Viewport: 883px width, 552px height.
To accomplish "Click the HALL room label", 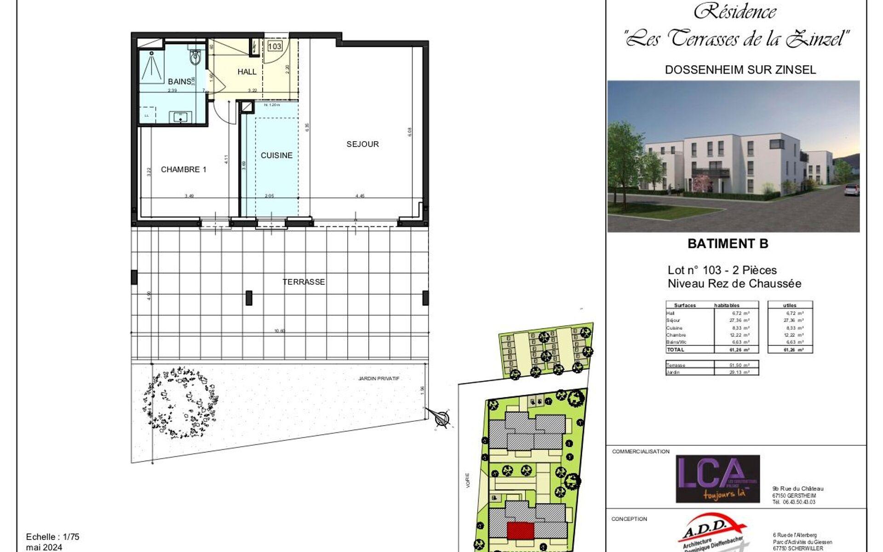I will point(247,72).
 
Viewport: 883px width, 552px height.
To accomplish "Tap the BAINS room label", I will point(179,81).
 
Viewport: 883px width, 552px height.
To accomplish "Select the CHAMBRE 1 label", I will point(183,170).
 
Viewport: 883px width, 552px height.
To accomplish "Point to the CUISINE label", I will point(276,155).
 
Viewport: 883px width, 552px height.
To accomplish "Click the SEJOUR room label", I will point(362,144).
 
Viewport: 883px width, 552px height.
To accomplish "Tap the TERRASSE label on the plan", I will point(304,282).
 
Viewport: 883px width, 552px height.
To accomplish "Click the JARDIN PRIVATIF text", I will point(379,379).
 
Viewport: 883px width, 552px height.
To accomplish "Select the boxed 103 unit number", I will point(275,46).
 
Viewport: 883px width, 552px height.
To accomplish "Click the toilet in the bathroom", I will point(195,58).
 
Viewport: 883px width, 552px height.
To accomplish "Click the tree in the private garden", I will point(180,402).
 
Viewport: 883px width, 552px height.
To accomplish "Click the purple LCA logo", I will point(717,479).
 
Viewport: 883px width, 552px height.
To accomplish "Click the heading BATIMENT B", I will point(728,244).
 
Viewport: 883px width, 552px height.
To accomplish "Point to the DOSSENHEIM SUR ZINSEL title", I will point(740,70).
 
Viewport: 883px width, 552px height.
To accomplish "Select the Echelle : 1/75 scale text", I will point(53,537).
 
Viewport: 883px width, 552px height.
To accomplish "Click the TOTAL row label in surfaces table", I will point(676,350).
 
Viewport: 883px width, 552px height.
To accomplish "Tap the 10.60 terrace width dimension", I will point(280,331).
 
